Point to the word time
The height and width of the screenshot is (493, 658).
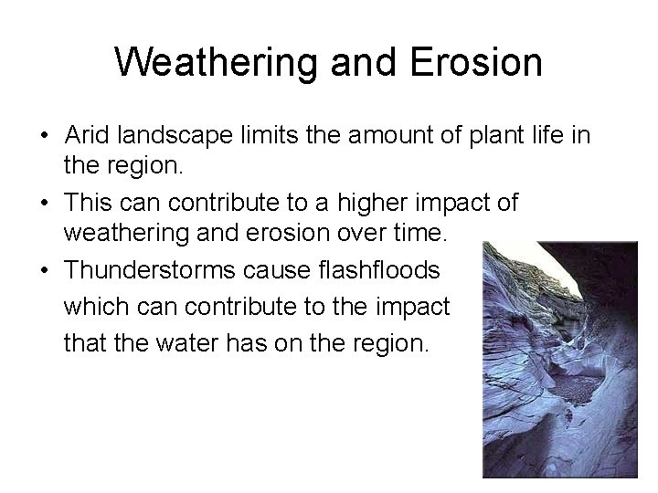pos(419,235)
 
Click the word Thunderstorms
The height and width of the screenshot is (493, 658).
pos(154,271)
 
